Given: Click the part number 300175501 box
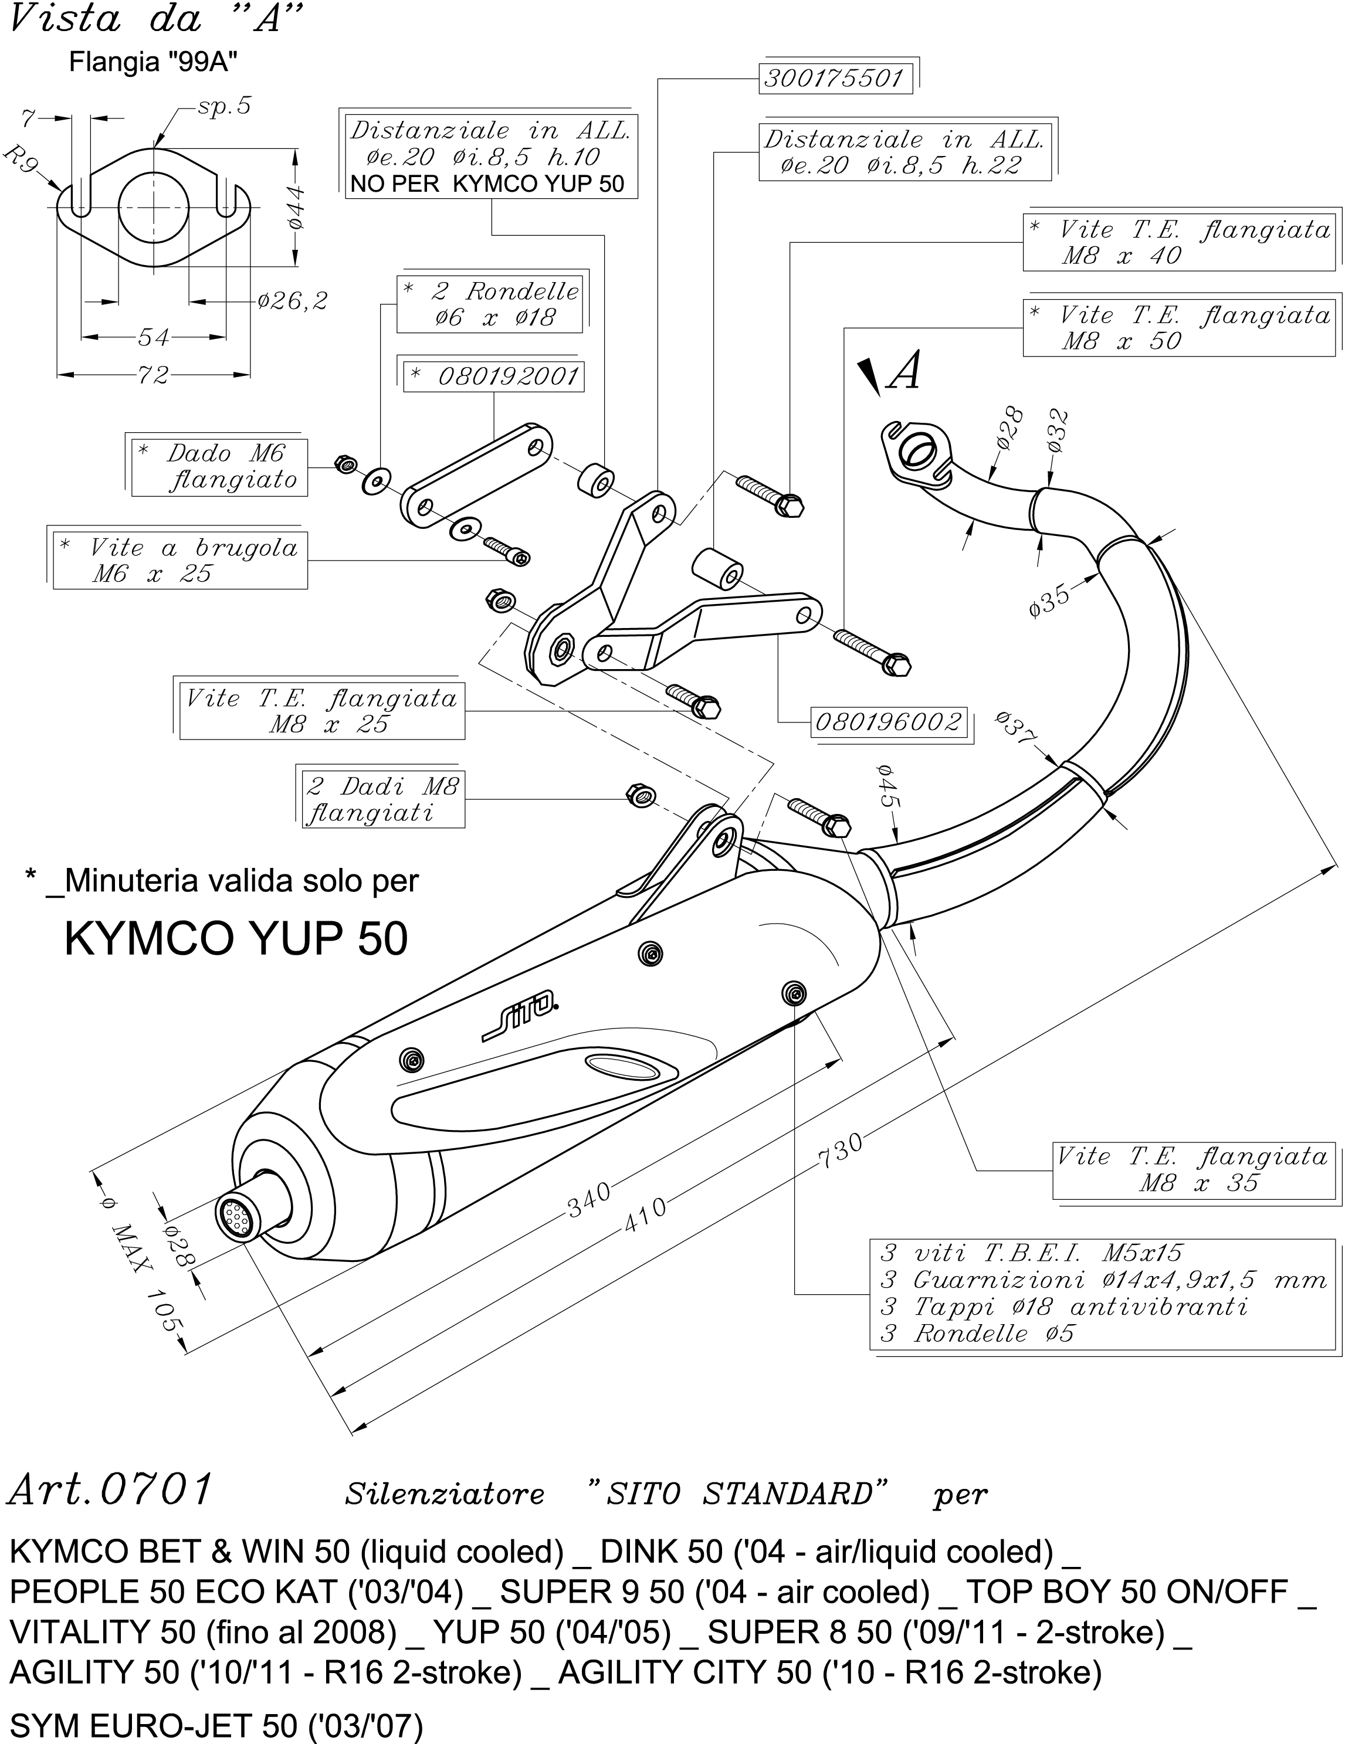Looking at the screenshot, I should tap(834, 78).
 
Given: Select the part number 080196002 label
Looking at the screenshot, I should tap(888, 722).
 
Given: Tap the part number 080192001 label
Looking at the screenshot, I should tap(495, 376).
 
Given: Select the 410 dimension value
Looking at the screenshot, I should tap(645, 1214).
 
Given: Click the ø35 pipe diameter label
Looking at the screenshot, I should tap(1049, 600).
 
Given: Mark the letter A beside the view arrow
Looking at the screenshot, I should tap(905, 372).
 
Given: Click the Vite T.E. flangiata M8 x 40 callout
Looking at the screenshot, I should tap(1180, 243).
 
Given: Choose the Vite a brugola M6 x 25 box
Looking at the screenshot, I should tap(181, 561).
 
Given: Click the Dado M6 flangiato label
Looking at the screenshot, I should tap(219, 467).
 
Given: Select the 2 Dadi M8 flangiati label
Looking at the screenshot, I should tap(382, 799).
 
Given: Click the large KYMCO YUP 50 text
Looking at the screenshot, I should tap(236, 938).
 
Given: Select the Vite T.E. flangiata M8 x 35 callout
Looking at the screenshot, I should tap(1193, 1170).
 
